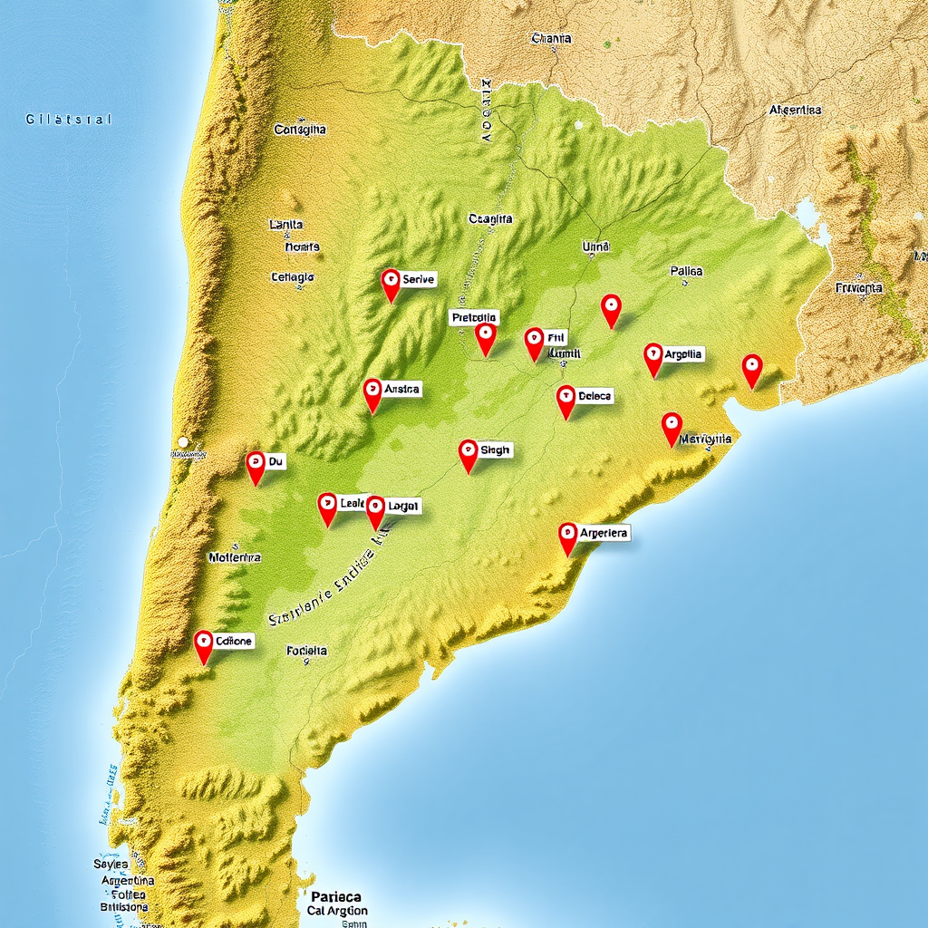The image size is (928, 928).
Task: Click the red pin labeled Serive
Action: [x=391, y=283]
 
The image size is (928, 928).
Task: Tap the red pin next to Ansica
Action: [x=372, y=393]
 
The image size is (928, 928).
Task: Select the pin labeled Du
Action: [x=256, y=466]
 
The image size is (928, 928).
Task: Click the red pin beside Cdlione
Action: [x=203, y=645]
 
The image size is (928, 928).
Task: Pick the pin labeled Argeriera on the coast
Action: [x=567, y=536]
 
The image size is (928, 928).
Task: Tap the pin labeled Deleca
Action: [x=565, y=400]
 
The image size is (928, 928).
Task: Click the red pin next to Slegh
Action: [x=468, y=453]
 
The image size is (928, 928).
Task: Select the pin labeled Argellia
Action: [x=652, y=357]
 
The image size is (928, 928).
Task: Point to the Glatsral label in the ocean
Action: [x=68, y=119]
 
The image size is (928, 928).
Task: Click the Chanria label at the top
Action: [x=551, y=39]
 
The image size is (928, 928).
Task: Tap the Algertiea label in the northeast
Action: [x=795, y=110]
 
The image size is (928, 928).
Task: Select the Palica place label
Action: [x=686, y=271]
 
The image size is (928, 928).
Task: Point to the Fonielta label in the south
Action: [x=306, y=651]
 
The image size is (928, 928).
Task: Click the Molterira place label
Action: [x=235, y=557]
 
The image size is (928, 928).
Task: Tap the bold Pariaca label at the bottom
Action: [x=335, y=895]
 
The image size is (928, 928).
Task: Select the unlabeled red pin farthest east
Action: [x=751, y=369]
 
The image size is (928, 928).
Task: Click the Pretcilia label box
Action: [x=474, y=317]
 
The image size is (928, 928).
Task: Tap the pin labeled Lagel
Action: [x=375, y=510]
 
